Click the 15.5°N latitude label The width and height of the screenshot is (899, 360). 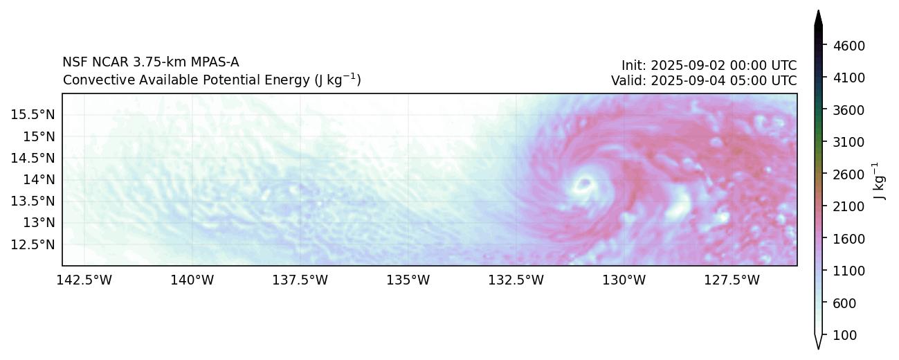(x=33, y=114)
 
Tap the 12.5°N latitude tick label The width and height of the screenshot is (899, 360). (x=33, y=244)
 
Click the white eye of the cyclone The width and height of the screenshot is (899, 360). (x=584, y=184)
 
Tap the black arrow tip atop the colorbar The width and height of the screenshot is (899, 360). (x=818, y=17)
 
